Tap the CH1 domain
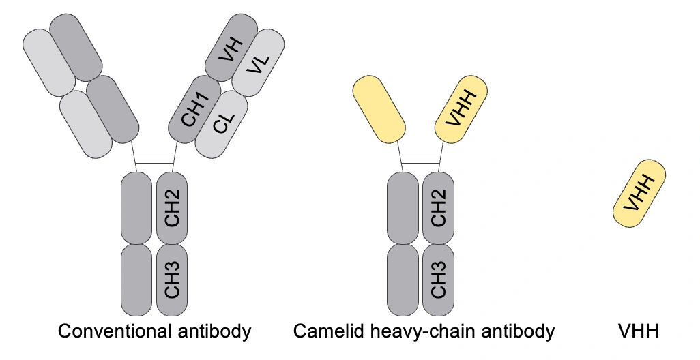pyautogui.click(x=194, y=110)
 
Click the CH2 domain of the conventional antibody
pyautogui.click(x=172, y=208)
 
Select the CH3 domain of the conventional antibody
pyautogui.click(x=172, y=280)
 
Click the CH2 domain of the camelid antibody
pyautogui.click(x=439, y=208)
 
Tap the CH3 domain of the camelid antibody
pyautogui.click(x=439, y=280)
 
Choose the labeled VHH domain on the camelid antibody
pyautogui.click(x=461, y=109)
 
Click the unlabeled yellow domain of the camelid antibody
pyautogui.click(x=378, y=109)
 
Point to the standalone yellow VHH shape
pyautogui.click(x=639, y=194)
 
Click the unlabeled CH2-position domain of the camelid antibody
pyautogui.click(x=403, y=208)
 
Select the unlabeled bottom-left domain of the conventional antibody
pyautogui.click(x=136, y=280)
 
